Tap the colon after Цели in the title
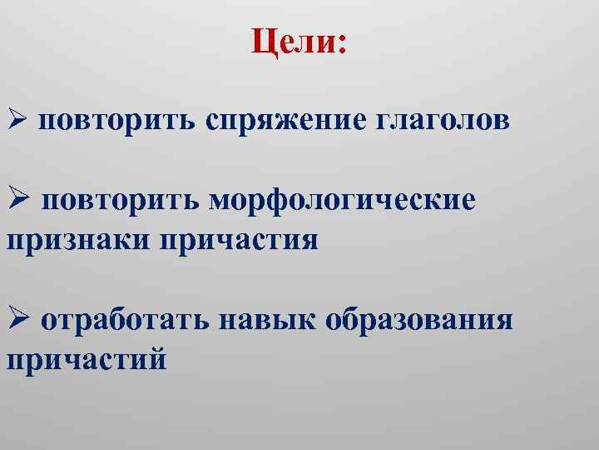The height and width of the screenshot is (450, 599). tap(341, 43)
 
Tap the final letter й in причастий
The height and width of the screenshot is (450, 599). tap(157, 358)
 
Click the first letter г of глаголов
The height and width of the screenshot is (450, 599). tap(384, 122)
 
